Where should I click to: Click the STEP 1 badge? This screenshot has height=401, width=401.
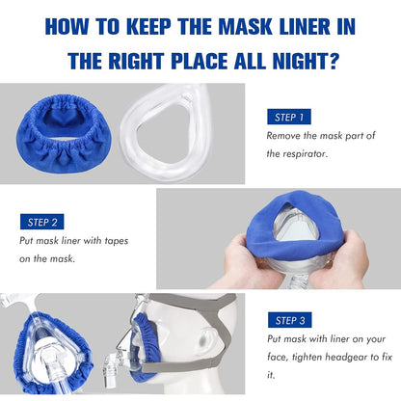pyautogui.click(x=288, y=117)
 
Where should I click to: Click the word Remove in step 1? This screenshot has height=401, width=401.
pyautogui.click(x=284, y=136)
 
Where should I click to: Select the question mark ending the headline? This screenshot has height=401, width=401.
pyautogui.click(x=337, y=61)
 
